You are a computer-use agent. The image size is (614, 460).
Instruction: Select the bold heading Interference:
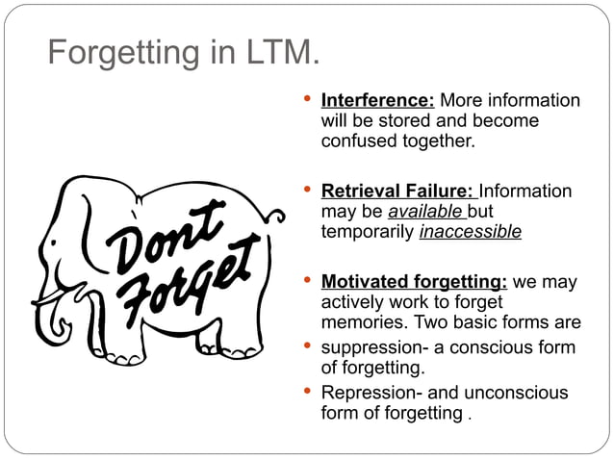pyautogui.click(x=377, y=101)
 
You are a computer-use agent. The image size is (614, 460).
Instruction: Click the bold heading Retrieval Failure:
pyautogui.click(x=398, y=192)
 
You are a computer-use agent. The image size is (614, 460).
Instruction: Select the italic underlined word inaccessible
pyautogui.click(x=471, y=232)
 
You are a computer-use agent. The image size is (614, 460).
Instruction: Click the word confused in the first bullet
pyautogui.click(x=356, y=141)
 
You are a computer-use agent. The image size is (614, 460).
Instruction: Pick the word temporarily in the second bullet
pyautogui.click(x=368, y=232)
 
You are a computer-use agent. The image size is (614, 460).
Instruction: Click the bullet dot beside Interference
pyautogui.click(x=307, y=99)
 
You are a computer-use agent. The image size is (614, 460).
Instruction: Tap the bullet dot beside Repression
pyautogui.click(x=307, y=391)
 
